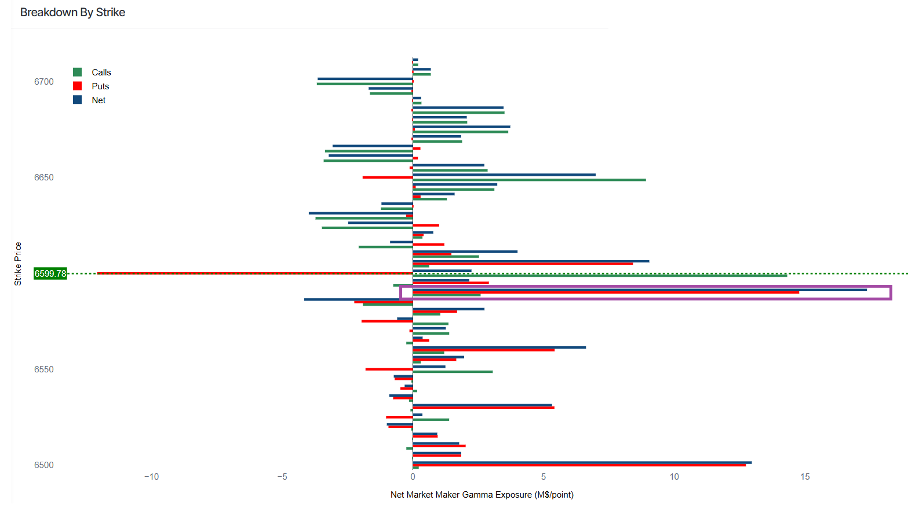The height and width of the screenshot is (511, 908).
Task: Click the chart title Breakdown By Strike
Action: (72, 12)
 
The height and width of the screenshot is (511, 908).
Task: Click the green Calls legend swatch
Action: (77, 72)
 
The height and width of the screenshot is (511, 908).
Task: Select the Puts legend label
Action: (100, 86)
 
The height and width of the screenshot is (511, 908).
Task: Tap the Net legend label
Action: (99, 100)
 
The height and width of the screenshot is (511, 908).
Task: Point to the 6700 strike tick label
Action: (43, 82)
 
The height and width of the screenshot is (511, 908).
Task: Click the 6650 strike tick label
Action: (43, 177)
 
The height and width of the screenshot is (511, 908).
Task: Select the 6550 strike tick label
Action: (43, 369)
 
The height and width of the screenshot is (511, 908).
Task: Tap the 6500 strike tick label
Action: (43, 465)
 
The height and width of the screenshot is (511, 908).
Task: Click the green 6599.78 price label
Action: (50, 273)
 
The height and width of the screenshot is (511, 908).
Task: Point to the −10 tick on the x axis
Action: (151, 477)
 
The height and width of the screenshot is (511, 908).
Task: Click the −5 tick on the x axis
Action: (282, 477)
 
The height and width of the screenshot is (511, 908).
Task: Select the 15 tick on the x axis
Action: (805, 477)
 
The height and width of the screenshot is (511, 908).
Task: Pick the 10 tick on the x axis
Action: (674, 477)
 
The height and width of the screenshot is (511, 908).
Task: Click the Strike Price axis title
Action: (18, 264)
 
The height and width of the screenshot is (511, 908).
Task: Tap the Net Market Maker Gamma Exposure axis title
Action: (482, 495)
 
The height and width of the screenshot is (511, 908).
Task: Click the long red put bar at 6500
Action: (579, 465)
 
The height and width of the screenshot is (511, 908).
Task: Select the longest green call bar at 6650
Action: (529, 180)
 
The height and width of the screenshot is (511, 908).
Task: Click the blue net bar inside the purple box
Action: (637, 290)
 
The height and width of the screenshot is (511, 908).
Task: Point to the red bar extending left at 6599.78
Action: (255, 273)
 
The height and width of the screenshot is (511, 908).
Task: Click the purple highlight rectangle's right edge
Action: (891, 292)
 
